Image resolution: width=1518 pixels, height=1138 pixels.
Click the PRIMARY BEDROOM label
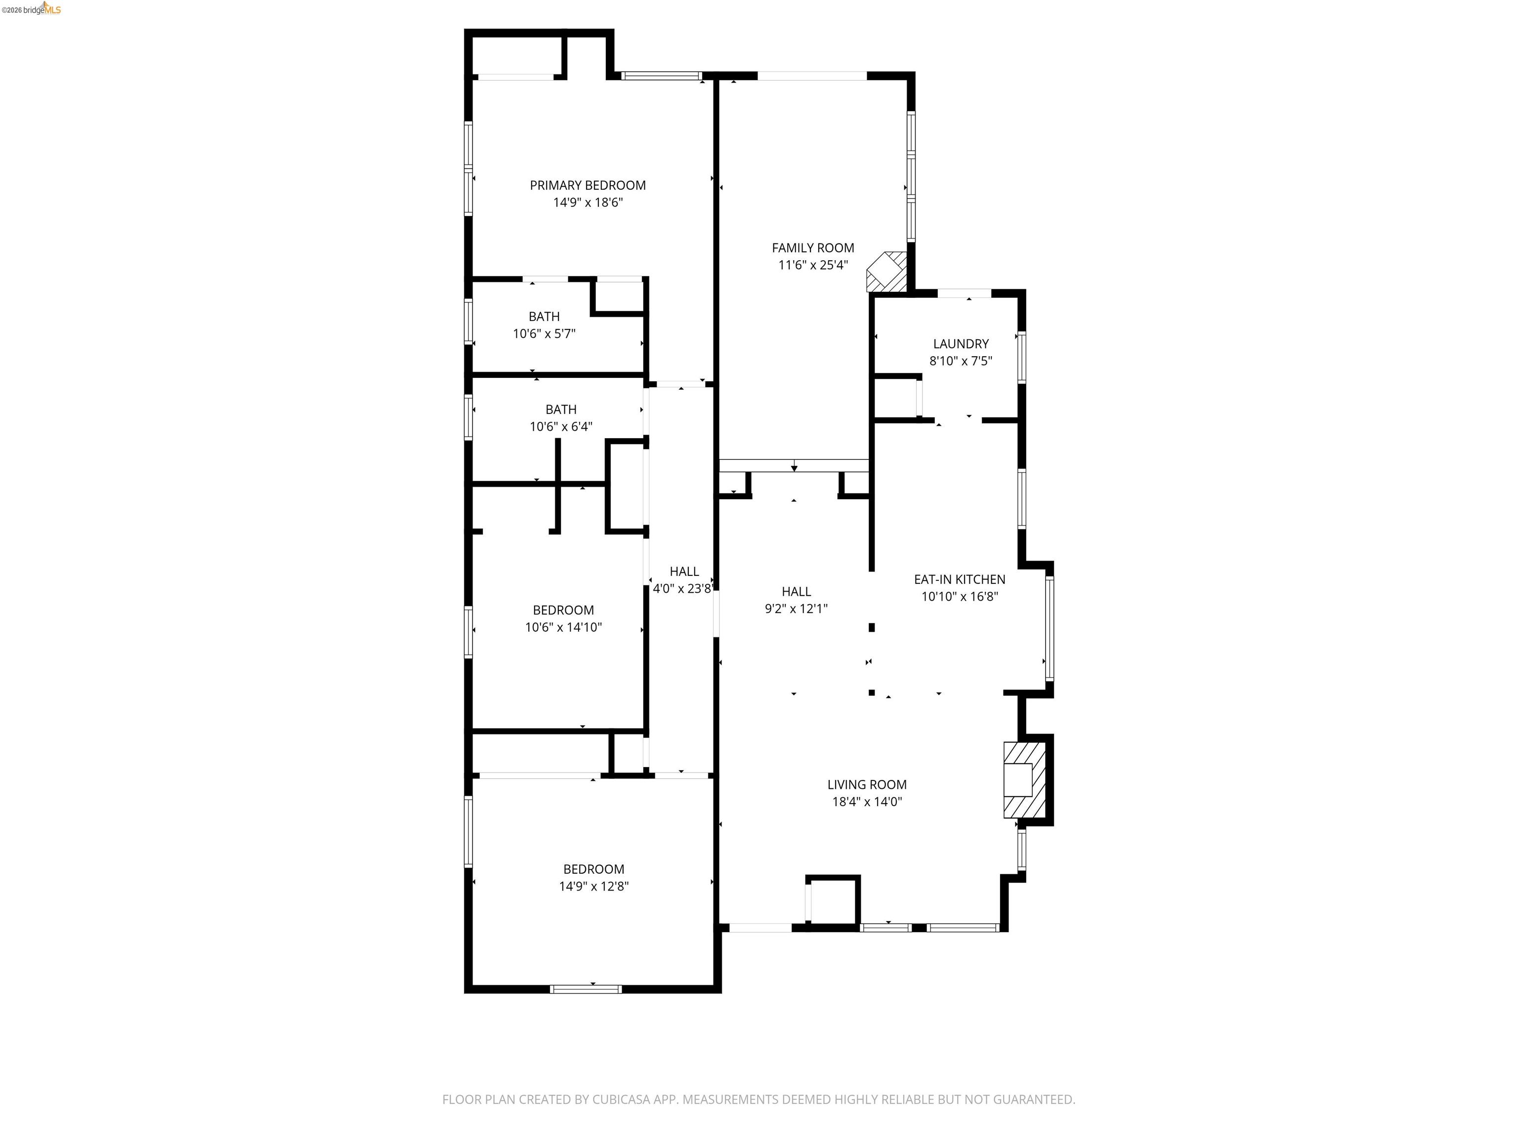pos(588,185)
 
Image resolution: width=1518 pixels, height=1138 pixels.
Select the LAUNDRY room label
pos(960,344)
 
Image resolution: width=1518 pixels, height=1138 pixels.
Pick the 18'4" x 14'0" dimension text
pos(866,801)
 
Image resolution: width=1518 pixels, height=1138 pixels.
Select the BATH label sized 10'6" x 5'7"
pos(544,316)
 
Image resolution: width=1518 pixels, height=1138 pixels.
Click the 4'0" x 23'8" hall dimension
pos(681,589)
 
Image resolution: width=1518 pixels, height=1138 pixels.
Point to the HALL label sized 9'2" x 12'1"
pos(796,591)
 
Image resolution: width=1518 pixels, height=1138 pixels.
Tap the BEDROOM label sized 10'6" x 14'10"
pos(563,610)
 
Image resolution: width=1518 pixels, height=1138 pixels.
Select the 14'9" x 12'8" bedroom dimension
pos(593,886)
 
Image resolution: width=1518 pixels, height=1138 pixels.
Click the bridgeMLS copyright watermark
pos(31,9)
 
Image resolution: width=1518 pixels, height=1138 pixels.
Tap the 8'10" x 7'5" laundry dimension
pos(960,361)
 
